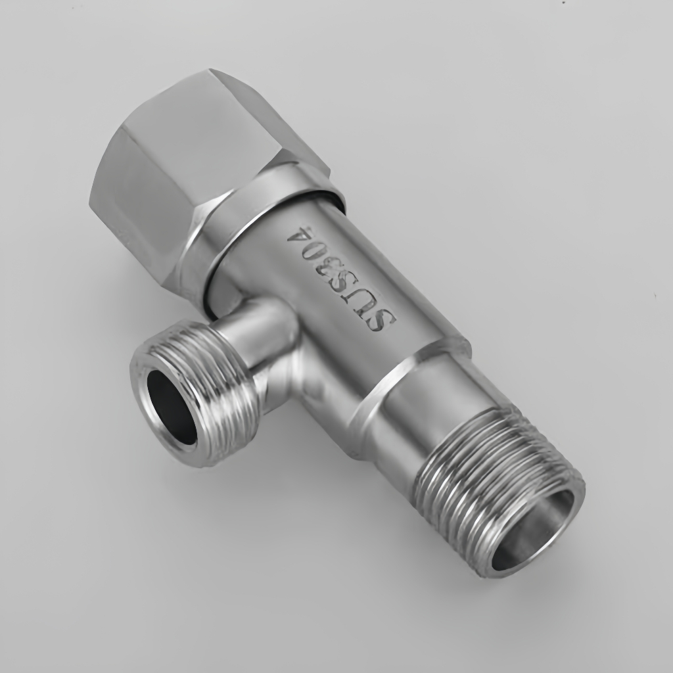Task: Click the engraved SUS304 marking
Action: point(343,279)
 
